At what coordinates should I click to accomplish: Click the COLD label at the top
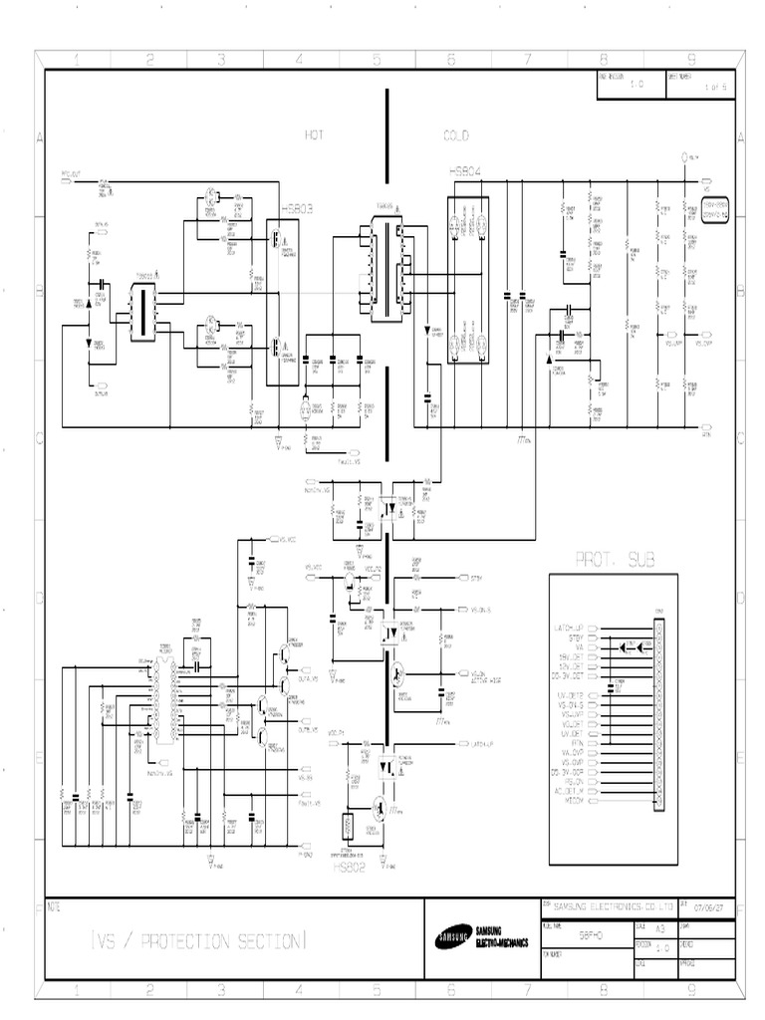coord(455,134)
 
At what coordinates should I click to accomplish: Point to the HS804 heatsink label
coord(467,171)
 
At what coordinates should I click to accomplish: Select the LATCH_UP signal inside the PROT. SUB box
coord(572,628)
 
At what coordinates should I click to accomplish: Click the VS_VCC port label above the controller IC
coord(287,539)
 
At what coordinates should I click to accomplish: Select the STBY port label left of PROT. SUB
coord(478,577)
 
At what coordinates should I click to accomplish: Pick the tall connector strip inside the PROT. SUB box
coord(657,713)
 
